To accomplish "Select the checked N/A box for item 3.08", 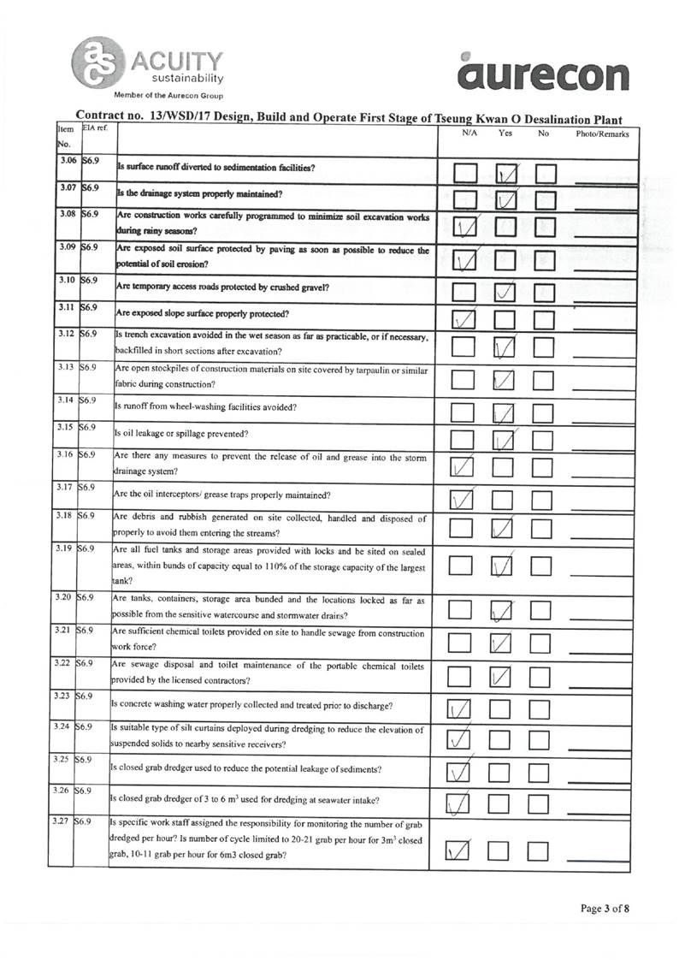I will click(465, 228).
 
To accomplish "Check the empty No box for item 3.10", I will click(545, 293).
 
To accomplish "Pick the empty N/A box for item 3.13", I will click(464, 379).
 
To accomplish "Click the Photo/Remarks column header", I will click(602, 134).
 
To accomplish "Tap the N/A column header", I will click(469, 134).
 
